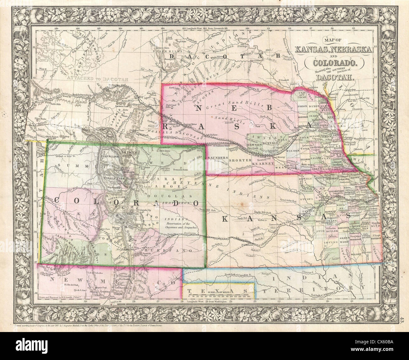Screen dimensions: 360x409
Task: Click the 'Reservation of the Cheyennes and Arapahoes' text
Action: pos(181,225)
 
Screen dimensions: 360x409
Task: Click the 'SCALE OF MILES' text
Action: pos(220,291)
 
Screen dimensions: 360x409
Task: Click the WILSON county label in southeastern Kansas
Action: pos(357,252)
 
